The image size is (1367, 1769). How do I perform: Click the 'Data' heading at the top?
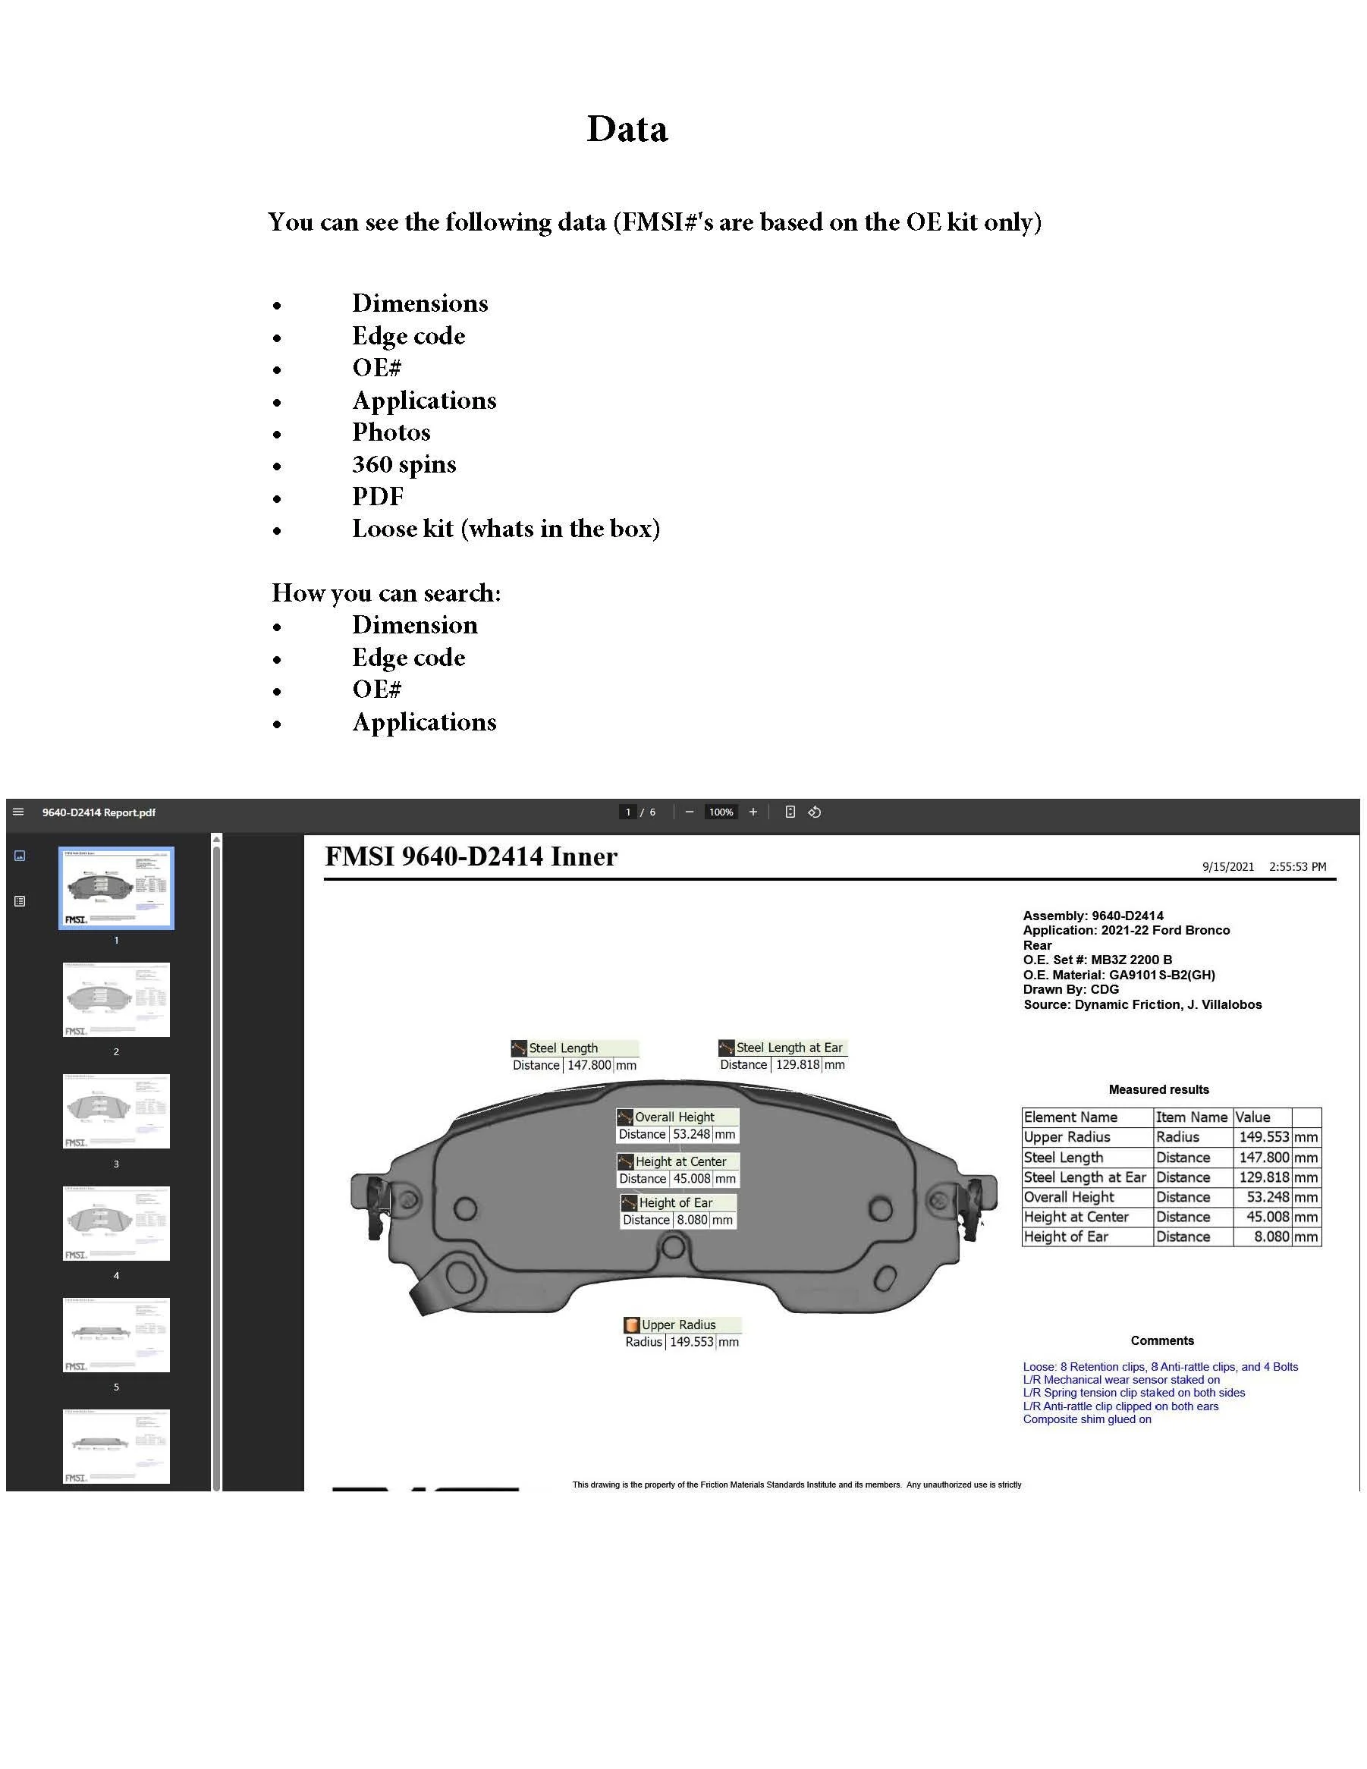[627, 129]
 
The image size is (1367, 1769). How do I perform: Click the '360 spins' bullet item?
[404, 464]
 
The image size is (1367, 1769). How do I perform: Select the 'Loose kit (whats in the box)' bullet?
[505, 529]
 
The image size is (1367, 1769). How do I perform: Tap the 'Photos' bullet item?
[391, 432]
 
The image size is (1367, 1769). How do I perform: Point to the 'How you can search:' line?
[385, 593]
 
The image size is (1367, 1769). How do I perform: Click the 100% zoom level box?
[720, 812]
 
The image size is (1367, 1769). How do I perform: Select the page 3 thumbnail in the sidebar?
[117, 1111]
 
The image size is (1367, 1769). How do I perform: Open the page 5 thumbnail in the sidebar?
[117, 1334]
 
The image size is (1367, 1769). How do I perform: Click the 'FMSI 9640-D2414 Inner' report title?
[470, 857]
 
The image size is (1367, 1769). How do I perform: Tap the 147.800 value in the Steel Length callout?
[589, 1065]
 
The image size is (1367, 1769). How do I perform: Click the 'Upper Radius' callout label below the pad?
[679, 1324]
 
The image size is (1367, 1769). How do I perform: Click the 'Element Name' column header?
[1070, 1117]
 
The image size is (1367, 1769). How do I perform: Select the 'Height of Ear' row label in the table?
[1066, 1236]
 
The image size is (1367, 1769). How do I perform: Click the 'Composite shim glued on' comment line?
[1087, 1419]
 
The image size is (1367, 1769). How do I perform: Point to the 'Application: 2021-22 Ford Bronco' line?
[1126, 930]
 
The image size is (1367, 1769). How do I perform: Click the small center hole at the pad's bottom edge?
[672, 1246]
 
